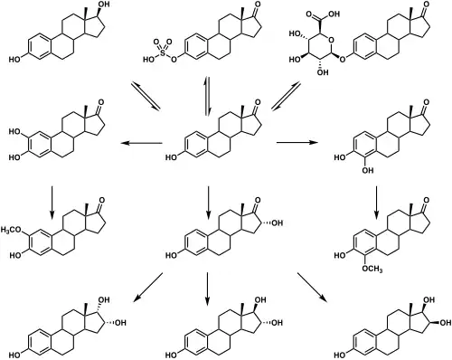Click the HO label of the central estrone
click(x=174, y=158)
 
